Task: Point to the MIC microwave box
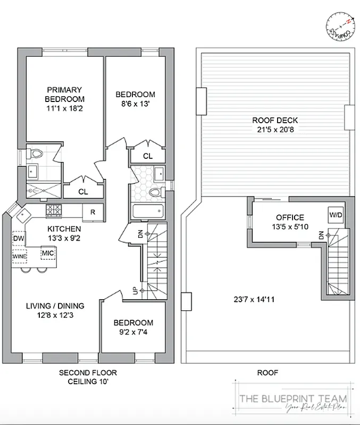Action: (48, 253)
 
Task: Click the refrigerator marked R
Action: (93, 212)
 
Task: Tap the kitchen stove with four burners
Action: (54, 210)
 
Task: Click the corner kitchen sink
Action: (24, 216)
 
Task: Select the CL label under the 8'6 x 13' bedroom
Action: (147, 156)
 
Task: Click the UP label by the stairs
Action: (135, 292)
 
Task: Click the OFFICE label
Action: (289, 217)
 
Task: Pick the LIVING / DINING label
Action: (55, 305)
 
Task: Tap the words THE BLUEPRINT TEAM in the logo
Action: (293, 398)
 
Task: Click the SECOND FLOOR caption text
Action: (88, 372)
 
